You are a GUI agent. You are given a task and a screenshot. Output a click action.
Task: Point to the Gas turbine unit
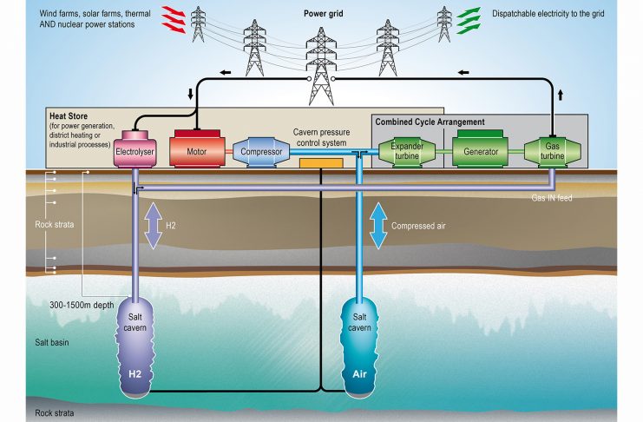click(x=553, y=151)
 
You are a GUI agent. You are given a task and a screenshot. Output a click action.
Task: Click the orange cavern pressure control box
click(x=319, y=162)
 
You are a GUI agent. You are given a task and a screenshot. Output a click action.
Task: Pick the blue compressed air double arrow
click(x=378, y=227)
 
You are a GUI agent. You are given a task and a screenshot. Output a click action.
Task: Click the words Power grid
click(x=322, y=15)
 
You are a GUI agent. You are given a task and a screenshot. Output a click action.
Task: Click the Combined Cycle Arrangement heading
click(x=430, y=122)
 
